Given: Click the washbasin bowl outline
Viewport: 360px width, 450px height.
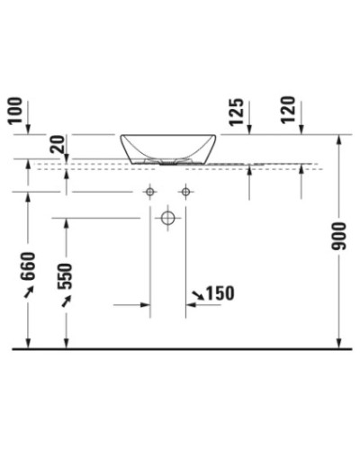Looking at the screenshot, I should pos(167,149).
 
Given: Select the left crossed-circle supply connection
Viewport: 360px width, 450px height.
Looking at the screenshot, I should pos(149,192).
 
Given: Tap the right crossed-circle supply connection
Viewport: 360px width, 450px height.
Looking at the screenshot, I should pos(185,192).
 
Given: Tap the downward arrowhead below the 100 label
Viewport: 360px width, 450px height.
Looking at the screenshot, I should pos(31,129).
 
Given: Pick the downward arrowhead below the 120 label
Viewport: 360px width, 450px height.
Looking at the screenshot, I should pos(301,129).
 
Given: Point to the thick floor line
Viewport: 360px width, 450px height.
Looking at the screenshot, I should pos(180,347).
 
